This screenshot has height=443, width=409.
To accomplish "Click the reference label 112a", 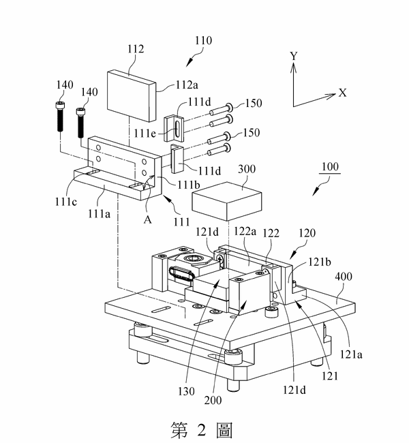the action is pos(187,85).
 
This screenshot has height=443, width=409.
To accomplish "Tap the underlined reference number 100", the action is pos(330,167).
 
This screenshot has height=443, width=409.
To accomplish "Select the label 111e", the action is pos(145,133).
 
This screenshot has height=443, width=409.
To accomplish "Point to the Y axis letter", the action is pos(294,56).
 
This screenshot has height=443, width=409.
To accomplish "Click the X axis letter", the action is pos(343,93).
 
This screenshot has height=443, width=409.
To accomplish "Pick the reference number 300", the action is pos(247,169).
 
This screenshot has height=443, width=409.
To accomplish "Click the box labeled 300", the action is pos(227,201).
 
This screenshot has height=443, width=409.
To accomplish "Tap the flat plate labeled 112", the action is pos(132,95).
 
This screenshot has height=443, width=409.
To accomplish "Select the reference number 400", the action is pos(344,277).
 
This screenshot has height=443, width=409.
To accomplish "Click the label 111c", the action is pos(66,202).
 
